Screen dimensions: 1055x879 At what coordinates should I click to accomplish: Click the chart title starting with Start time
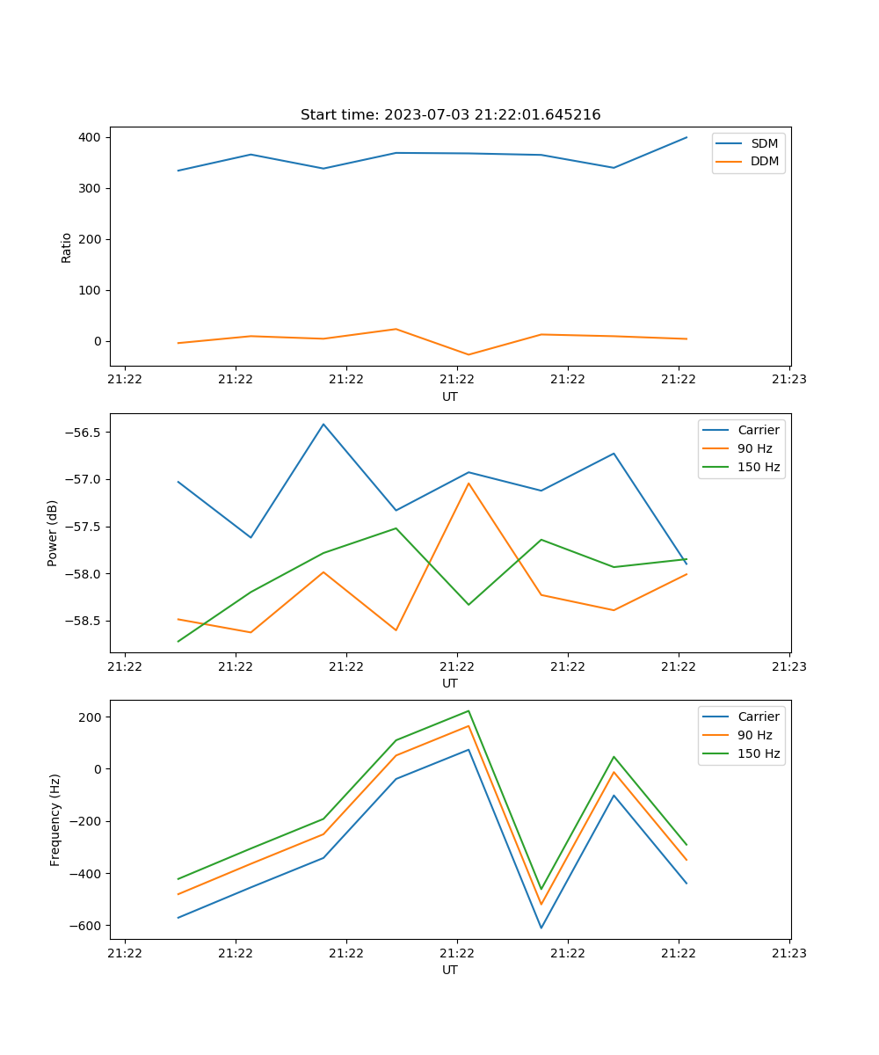coord(450,115)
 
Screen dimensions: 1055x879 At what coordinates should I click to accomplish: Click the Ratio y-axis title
coord(67,248)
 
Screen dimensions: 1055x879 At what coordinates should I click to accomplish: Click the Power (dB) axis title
coord(53,533)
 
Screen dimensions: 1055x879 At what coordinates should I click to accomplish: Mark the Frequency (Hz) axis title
coord(55,819)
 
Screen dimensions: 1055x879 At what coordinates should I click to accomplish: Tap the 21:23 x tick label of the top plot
coord(789,380)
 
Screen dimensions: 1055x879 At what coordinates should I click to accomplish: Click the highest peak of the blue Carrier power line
coord(323,424)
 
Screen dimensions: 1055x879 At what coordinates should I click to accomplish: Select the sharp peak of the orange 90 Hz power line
coord(469,483)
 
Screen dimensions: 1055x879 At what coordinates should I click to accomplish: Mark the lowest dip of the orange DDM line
coord(469,355)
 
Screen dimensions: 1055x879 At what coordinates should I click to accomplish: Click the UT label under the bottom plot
coord(450,970)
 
